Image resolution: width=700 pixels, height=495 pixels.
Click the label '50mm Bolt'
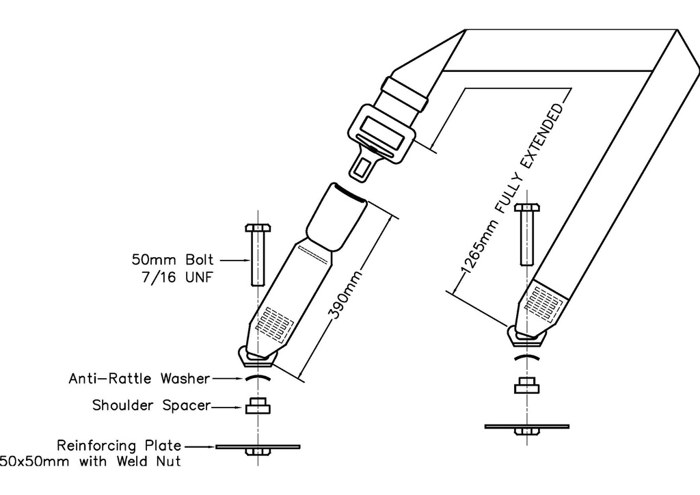tap(172, 260)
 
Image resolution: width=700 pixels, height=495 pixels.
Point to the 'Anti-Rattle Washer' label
tap(139, 377)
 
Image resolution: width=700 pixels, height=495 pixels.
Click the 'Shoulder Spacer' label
tap(151, 405)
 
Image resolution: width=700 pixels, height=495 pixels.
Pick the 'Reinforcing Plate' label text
tap(120, 445)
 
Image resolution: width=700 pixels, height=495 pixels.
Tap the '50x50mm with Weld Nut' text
tap(90, 461)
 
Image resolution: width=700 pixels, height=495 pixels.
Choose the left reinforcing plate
tap(258, 446)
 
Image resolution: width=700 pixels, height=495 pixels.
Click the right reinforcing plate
tap(526, 427)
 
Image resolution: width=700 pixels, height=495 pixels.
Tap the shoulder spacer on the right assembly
tap(526, 386)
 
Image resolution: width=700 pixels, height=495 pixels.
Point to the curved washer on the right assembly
tap(526, 358)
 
